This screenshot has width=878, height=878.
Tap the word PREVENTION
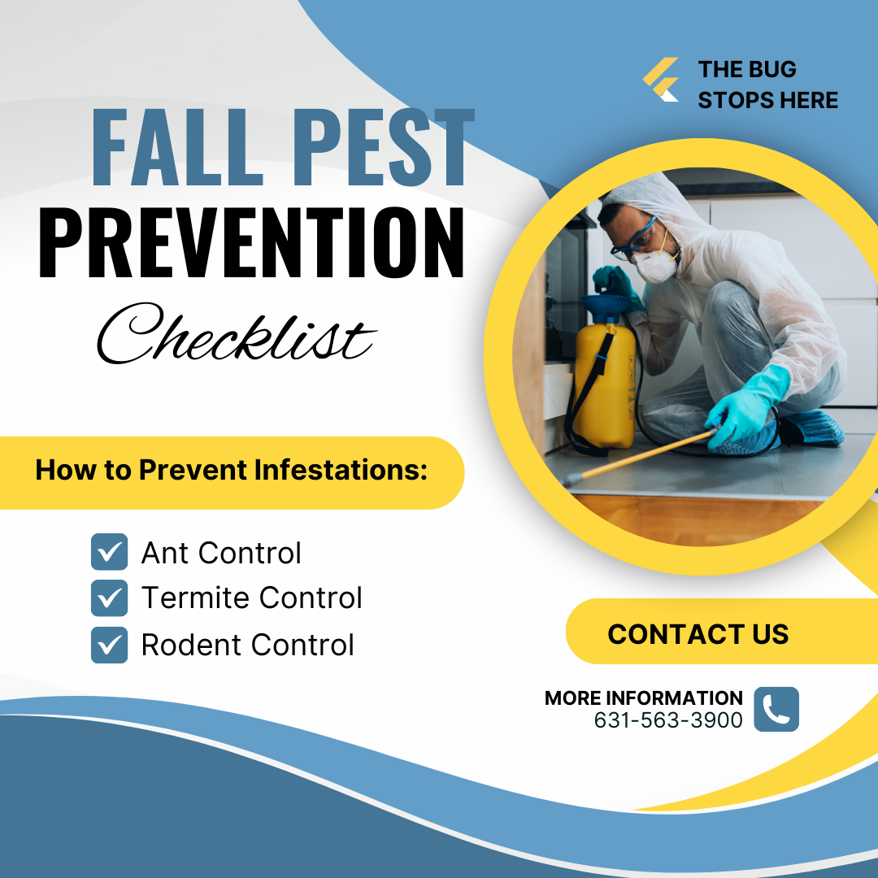[252, 242]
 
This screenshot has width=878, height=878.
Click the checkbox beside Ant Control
[109, 552]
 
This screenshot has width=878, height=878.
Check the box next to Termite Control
[109, 598]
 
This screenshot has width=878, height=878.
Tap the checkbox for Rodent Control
[109, 645]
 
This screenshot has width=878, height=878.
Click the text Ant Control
[221, 553]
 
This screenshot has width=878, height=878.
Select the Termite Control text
[252, 598]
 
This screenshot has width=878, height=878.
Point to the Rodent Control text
[248, 645]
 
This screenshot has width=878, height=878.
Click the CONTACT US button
[698, 633]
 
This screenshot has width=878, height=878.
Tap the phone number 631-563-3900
[668, 720]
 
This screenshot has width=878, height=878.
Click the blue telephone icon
[776, 709]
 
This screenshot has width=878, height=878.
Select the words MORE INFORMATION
[643, 698]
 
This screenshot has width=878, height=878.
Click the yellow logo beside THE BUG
[661, 80]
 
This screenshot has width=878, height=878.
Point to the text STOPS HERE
[767, 100]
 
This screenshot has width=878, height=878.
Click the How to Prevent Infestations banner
[232, 471]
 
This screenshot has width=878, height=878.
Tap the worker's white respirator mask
[657, 264]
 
